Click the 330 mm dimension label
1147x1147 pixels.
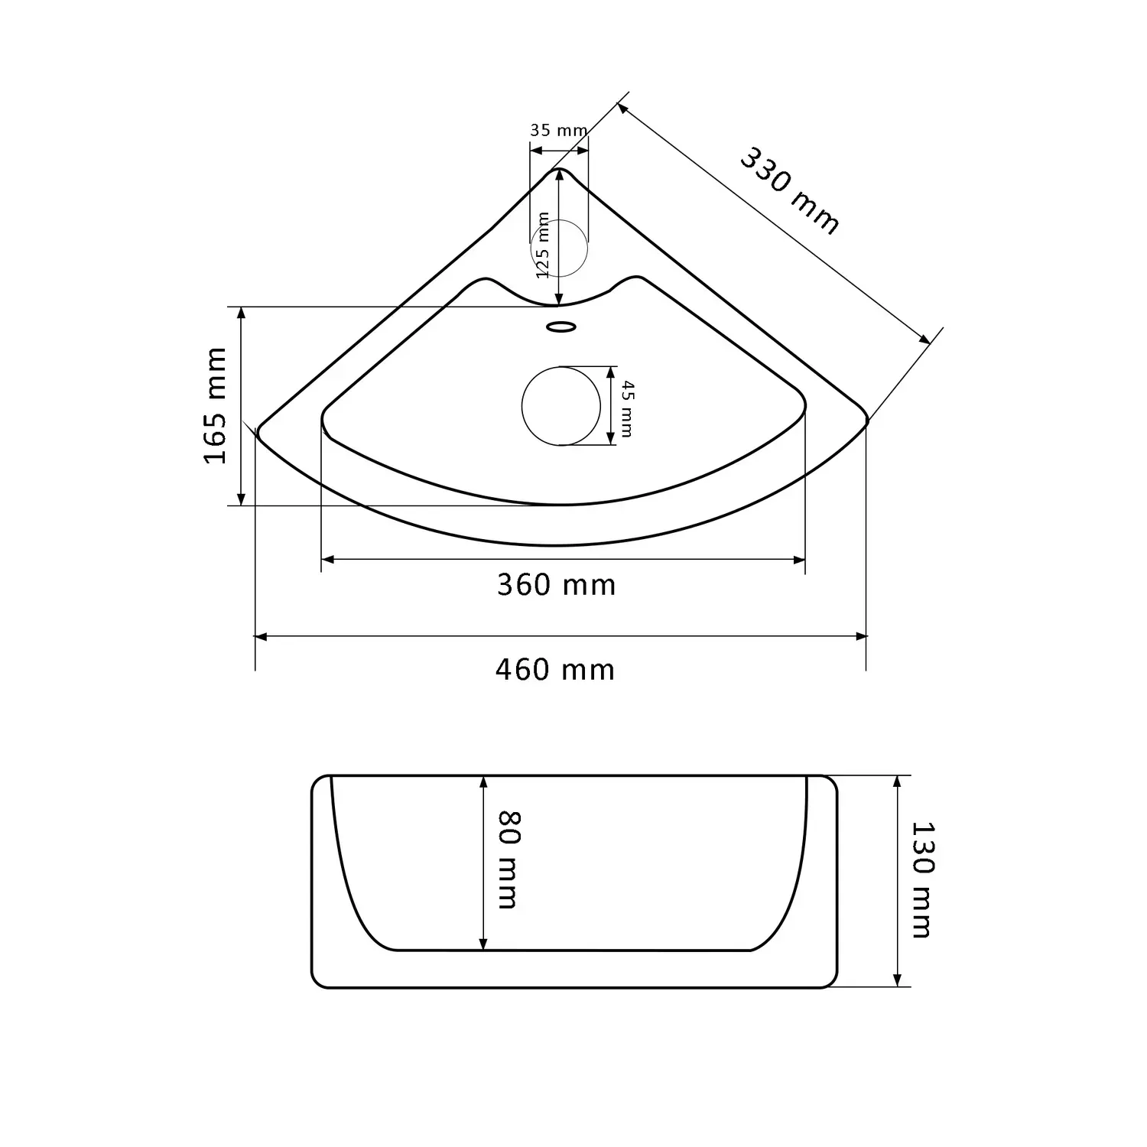point(789,190)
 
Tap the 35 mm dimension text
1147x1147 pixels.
point(558,130)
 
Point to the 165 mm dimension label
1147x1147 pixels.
point(216,405)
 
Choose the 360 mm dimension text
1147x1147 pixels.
point(556,585)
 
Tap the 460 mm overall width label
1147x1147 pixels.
point(555,670)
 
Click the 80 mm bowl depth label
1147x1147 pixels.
point(508,859)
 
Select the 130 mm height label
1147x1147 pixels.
point(923,879)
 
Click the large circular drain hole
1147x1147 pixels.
point(561,405)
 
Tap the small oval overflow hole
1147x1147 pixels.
point(561,327)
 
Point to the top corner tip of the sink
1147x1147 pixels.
point(560,169)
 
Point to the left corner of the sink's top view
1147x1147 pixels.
point(258,430)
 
